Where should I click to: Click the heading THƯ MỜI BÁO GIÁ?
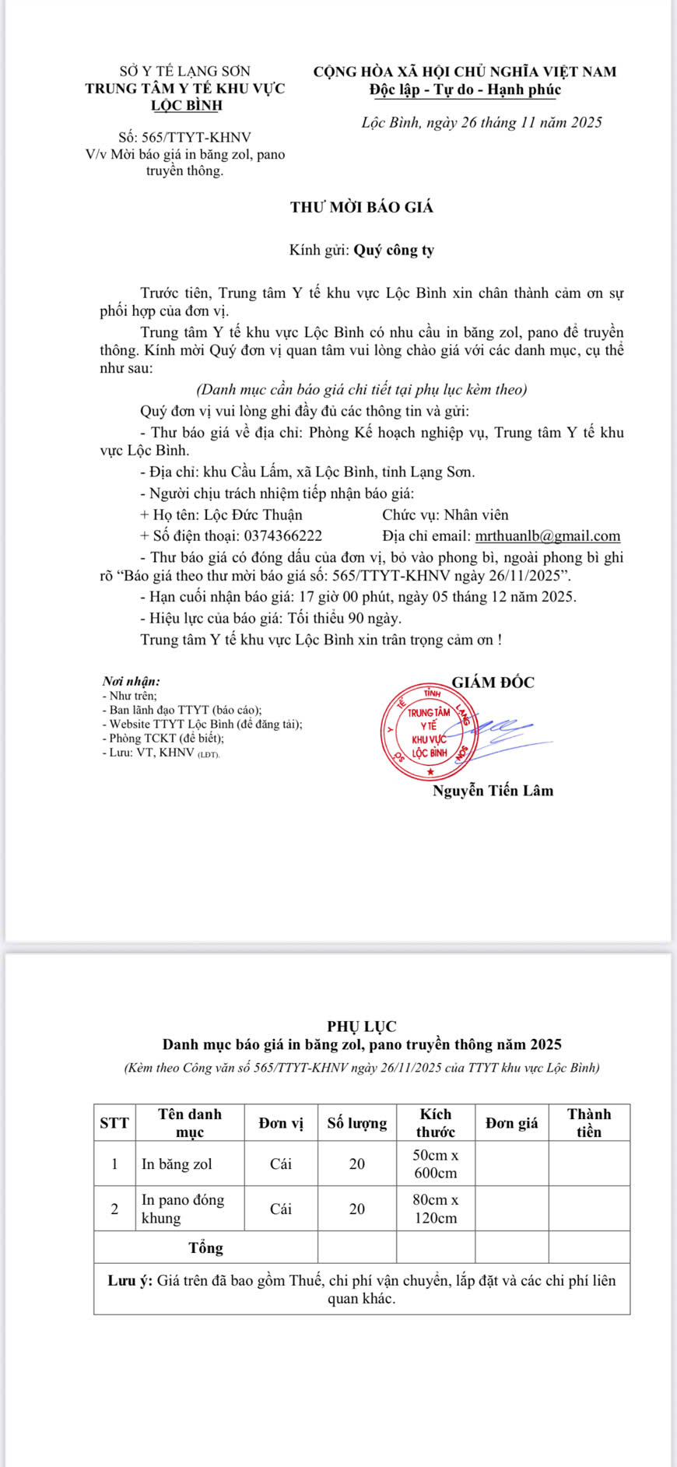(x=362, y=208)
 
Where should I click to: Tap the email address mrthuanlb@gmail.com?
(x=548, y=536)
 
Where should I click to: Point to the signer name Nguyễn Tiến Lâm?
(x=493, y=791)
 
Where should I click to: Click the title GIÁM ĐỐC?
(x=493, y=683)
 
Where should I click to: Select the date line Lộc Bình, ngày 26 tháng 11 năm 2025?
(x=482, y=122)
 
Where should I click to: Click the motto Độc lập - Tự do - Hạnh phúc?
(x=465, y=89)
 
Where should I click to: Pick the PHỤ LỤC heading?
(x=362, y=1027)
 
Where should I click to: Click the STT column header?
(x=114, y=1123)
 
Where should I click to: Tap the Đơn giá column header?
(x=511, y=1123)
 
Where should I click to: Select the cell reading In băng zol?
(x=177, y=1164)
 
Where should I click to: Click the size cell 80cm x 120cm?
(x=435, y=1209)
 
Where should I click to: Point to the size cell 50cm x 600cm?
(x=435, y=1164)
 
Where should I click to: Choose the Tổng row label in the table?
(x=205, y=1248)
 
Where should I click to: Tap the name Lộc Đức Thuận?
(x=252, y=515)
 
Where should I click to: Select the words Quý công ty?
(x=394, y=251)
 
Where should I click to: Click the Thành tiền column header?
(x=588, y=1123)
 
